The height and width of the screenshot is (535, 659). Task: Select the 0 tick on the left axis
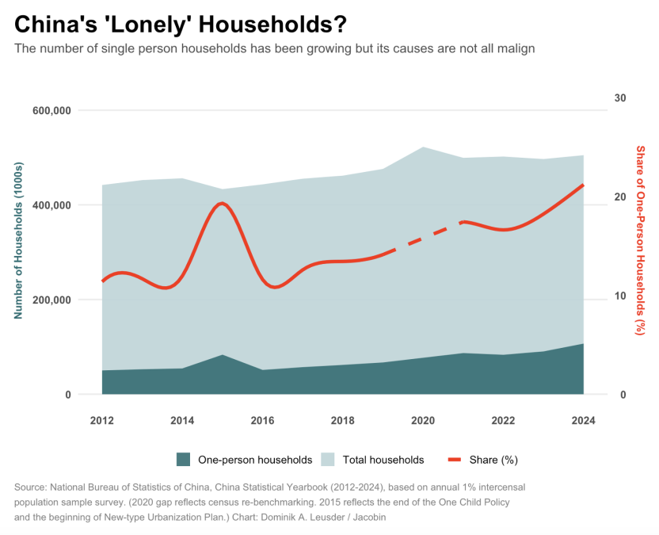click(x=67, y=395)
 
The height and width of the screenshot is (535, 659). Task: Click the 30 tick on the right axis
click(x=620, y=97)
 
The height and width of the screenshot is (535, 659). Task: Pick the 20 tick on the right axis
click(x=620, y=197)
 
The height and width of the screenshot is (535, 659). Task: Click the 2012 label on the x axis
click(x=102, y=420)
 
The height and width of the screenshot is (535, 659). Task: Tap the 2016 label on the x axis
click(x=262, y=420)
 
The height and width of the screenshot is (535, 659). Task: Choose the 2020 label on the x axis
click(x=423, y=420)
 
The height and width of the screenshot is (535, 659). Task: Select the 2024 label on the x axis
click(x=583, y=420)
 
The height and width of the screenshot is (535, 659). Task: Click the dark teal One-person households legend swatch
click(x=184, y=460)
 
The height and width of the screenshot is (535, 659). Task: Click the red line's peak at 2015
click(x=222, y=204)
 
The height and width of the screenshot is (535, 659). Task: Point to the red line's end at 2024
click(x=583, y=185)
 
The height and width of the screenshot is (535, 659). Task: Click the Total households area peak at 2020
click(x=423, y=147)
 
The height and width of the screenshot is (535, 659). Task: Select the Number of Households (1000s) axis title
click(x=19, y=241)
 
